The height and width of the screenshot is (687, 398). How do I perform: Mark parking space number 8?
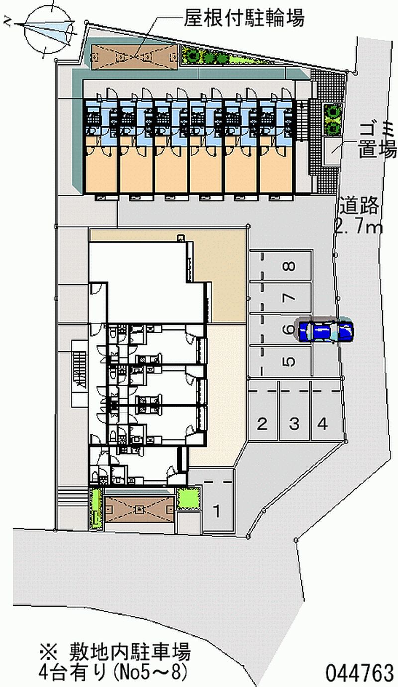pos(280,266)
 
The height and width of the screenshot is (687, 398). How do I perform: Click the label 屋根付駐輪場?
pos(244,18)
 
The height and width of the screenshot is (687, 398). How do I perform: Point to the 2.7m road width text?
pos(357,227)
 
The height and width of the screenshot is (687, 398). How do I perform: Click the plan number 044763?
pos(359,673)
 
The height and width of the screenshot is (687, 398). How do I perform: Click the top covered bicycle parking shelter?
pos(134,56)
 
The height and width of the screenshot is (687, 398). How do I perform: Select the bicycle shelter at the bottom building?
pos(139,510)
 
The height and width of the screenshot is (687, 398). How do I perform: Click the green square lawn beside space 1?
pos(188,498)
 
